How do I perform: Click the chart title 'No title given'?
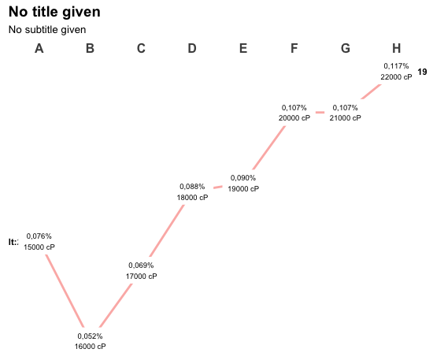click(54, 12)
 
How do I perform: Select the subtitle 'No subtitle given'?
click(47, 30)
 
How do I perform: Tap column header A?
click(39, 48)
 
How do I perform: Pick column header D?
click(192, 48)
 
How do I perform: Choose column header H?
click(397, 48)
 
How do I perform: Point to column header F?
click(294, 48)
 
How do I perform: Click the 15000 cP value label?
click(39, 247)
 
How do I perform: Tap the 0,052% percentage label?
click(90, 336)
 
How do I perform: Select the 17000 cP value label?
click(142, 276)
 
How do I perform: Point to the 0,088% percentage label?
click(192, 187)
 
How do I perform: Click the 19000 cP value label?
click(243, 189)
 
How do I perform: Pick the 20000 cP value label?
click(294, 118)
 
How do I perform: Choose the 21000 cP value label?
click(345, 118)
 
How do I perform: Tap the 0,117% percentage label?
click(396, 66)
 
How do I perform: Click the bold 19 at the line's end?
click(422, 72)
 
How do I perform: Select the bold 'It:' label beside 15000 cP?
click(13, 242)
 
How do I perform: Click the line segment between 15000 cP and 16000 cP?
click(65, 291)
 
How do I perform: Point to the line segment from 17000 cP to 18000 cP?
click(167, 230)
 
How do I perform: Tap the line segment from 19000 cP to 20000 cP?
click(269, 147)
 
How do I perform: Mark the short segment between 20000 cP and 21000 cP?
click(320, 113)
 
